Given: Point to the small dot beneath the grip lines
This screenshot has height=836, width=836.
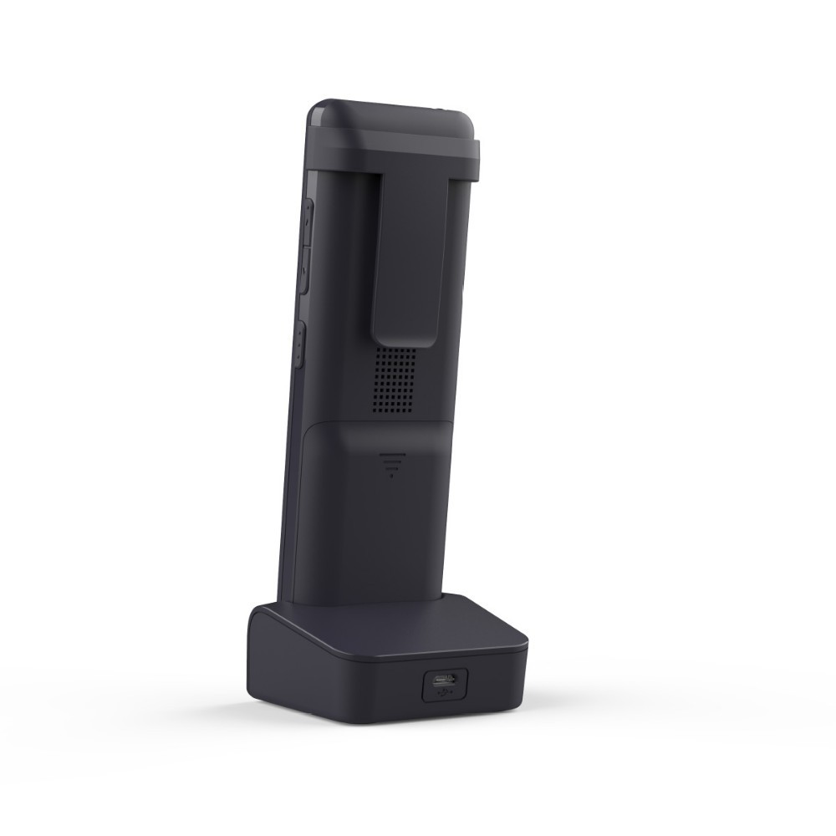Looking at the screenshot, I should (390, 476).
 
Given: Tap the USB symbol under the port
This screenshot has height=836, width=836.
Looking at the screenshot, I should (444, 693).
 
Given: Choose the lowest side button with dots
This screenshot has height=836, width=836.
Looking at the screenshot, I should (300, 346).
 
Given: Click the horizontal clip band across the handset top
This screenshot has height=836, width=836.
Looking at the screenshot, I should (393, 150).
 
